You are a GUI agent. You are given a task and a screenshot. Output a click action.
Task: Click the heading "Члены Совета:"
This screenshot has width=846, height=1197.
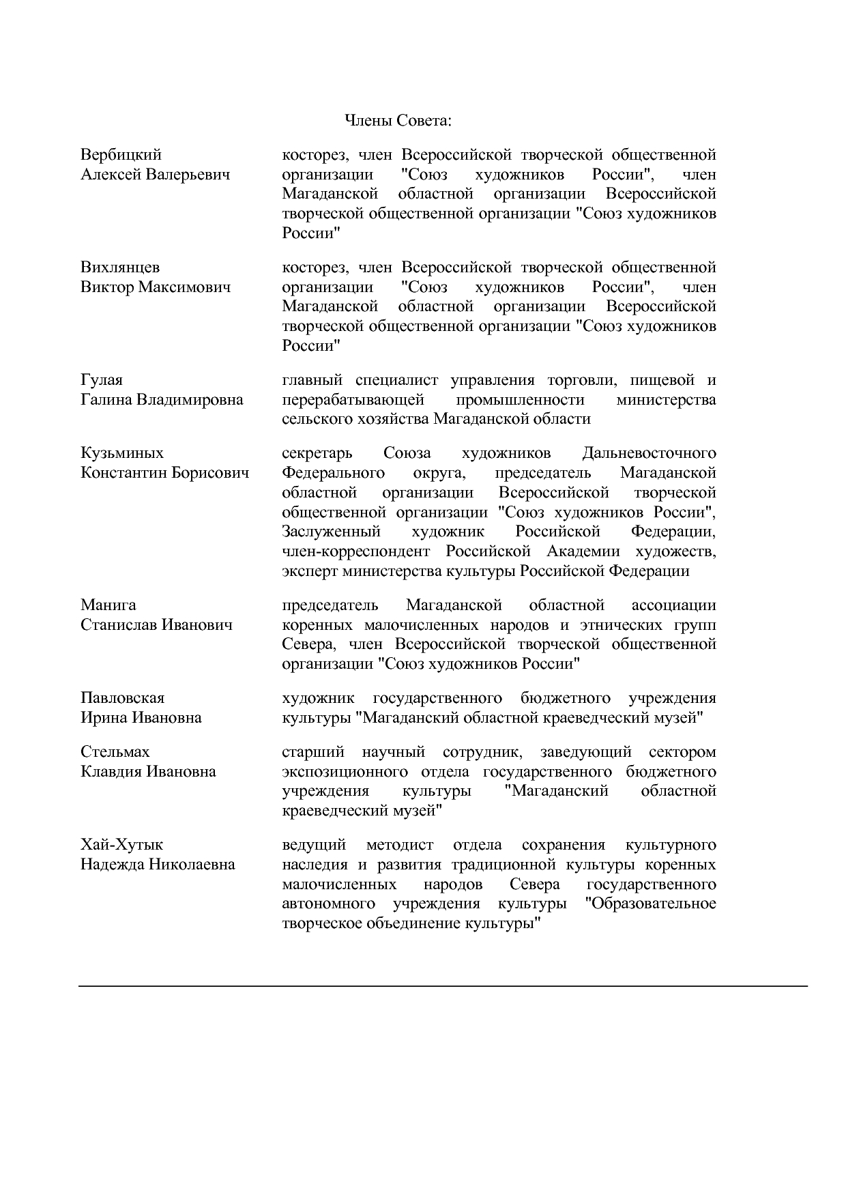[398, 121]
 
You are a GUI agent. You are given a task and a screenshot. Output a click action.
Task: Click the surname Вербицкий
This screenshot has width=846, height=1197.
[121, 155]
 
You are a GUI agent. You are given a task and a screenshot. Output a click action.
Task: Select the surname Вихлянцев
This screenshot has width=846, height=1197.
[120, 267]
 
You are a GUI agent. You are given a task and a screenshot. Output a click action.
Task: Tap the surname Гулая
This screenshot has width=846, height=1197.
[102, 379]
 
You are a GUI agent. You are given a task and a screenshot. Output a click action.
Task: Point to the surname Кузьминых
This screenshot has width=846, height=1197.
[122, 453]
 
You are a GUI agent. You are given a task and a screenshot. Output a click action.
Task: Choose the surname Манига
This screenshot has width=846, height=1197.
[108, 605]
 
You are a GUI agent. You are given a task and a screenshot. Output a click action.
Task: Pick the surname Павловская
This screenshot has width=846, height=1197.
[123, 698]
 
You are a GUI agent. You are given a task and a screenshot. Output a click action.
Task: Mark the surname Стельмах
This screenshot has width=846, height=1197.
[115, 752]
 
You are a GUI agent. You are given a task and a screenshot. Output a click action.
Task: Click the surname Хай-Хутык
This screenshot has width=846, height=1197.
[122, 845]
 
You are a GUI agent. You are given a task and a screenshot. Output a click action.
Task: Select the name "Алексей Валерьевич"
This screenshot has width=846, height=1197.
[156, 175]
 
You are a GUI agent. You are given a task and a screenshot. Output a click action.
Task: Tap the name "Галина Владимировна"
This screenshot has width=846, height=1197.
[162, 399]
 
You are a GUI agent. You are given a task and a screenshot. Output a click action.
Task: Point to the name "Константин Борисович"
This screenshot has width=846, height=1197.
[165, 473]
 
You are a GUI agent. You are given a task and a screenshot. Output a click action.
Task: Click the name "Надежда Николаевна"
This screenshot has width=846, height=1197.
[158, 865]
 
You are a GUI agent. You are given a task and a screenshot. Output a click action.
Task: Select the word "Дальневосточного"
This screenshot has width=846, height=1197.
[650, 453]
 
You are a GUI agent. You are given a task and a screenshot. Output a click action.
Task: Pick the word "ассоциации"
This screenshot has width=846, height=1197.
[674, 605]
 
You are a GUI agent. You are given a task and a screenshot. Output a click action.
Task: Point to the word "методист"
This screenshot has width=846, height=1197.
[400, 845]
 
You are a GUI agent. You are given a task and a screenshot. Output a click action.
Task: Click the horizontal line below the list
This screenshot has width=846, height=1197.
[443, 986]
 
